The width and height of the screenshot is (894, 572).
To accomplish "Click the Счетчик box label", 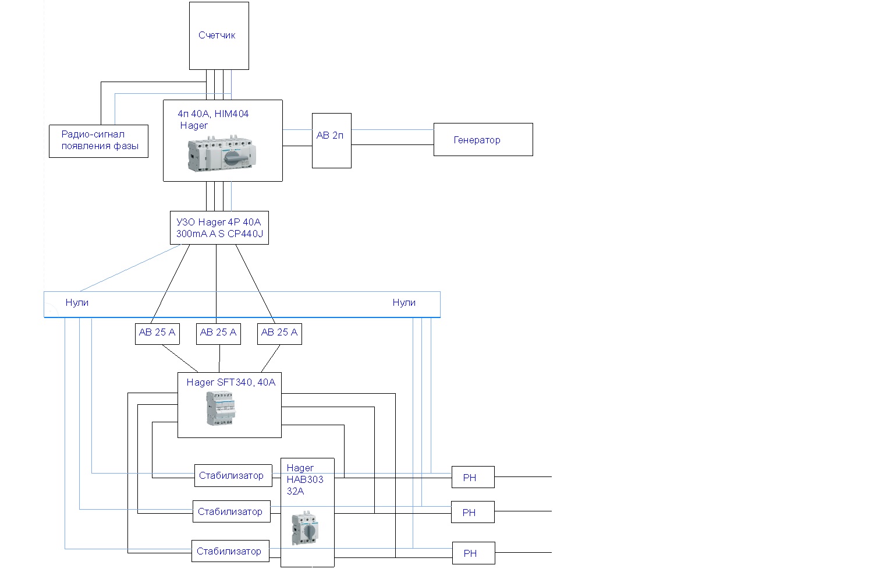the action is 217,35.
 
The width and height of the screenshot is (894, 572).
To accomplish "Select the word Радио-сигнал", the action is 93,134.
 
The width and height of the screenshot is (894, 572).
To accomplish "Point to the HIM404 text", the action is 232,114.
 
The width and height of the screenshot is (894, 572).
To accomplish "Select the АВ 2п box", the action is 332,140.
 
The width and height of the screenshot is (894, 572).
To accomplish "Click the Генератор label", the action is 477,140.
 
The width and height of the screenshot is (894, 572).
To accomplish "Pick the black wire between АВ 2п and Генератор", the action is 393,144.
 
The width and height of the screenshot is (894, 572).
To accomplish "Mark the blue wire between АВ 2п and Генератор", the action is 393,129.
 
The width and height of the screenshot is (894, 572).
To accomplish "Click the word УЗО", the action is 186,222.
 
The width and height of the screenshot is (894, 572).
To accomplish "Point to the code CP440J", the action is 245,234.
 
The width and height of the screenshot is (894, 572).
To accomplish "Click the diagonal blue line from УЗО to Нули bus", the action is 130,268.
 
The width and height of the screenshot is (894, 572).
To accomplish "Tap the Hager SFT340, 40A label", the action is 231,382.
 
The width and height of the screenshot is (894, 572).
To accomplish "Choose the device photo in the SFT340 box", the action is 221,408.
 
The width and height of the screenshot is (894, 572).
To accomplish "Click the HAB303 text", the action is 305,479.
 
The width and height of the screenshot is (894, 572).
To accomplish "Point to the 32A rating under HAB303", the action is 295,491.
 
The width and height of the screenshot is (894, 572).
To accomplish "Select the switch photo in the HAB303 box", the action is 305,528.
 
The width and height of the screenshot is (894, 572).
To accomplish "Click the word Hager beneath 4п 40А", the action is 194,126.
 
